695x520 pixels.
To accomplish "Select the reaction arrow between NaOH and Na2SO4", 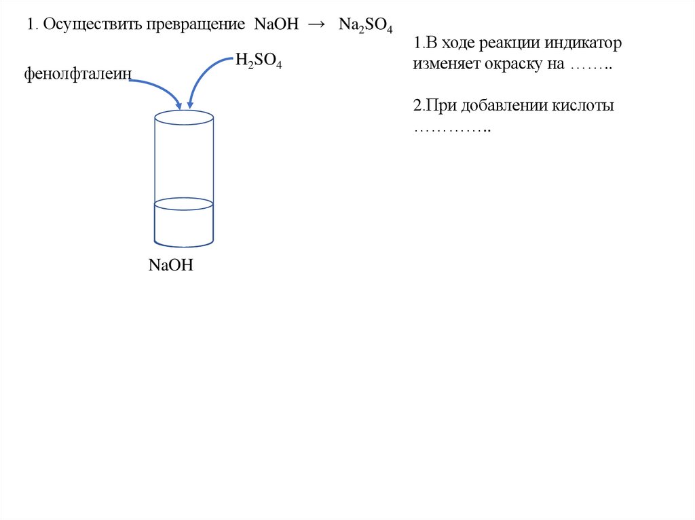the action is point(316,24).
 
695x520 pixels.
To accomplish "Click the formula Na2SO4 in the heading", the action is point(366,26).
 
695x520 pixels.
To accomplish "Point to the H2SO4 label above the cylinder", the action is point(259,62).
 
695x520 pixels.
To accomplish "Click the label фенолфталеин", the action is point(77,73).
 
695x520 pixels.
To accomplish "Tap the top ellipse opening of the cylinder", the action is point(184,117).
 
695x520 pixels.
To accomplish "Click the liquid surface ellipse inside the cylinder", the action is point(184,203).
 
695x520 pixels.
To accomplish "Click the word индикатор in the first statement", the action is point(584,44).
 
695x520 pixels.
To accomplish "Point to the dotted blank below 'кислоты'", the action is point(452,129).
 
